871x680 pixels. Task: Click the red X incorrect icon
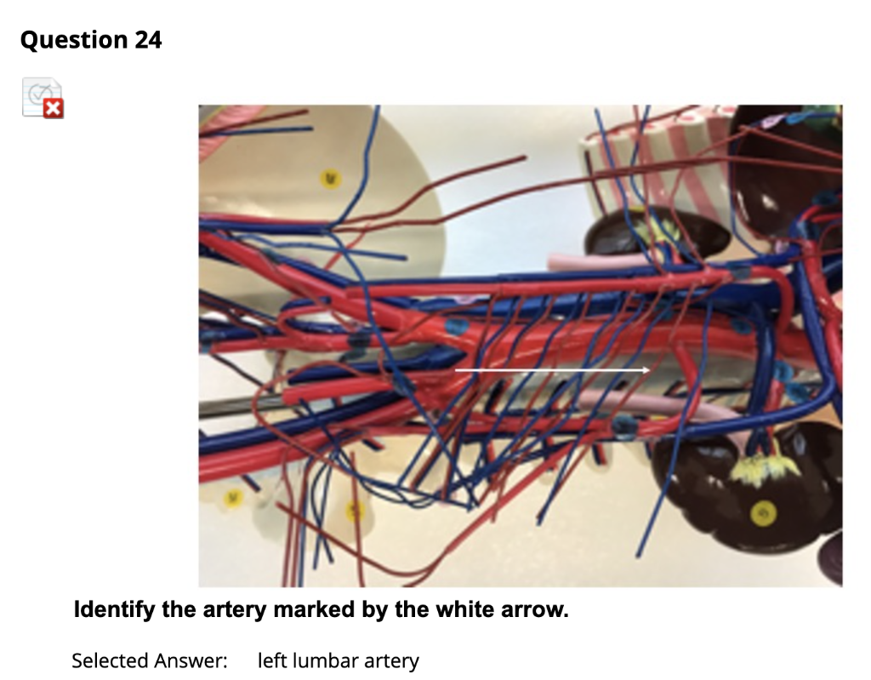click(x=53, y=108)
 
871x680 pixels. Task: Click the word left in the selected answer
click(x=271, y=660)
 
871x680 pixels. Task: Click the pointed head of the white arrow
click(x=648, y=370)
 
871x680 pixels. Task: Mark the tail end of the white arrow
click(x=457, y=370)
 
